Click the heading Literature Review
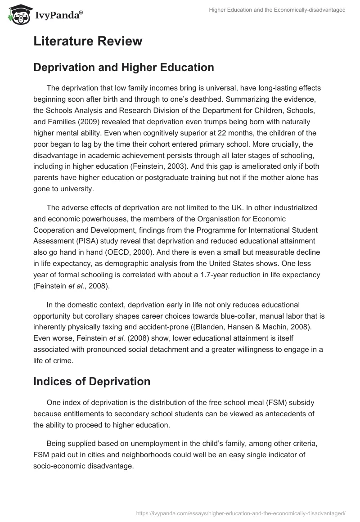[88, 41]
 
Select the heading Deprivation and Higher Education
[123, 67]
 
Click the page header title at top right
[277, 10]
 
